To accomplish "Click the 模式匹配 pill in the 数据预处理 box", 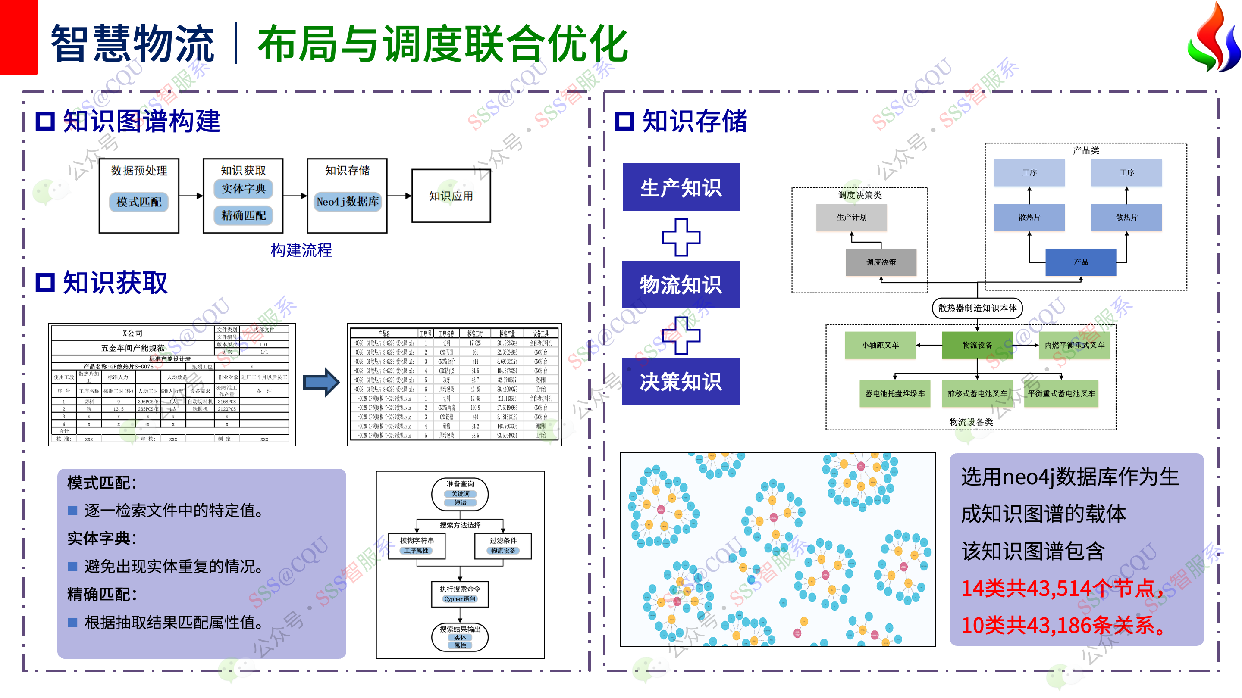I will click(139, 202).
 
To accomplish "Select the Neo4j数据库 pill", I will click(347, 201).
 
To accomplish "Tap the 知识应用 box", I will click(451, 196).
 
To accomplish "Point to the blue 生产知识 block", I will click(681, 187).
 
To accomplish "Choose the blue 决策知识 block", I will click(681, 381).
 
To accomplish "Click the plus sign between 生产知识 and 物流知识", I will click(681, 237).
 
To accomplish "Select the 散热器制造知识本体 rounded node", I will click(977, 308).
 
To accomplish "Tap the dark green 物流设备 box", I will click(977, 345).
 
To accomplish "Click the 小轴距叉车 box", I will click(880, 345).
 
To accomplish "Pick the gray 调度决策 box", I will click(881, 262).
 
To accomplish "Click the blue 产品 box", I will click(1080, 262).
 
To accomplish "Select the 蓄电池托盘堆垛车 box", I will click(895, 393).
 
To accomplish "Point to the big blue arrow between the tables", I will click(322, 383).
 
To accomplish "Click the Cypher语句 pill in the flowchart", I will click(460, 599).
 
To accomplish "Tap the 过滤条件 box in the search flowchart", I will click(503, 545).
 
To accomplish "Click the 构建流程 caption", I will click(301, 250).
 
